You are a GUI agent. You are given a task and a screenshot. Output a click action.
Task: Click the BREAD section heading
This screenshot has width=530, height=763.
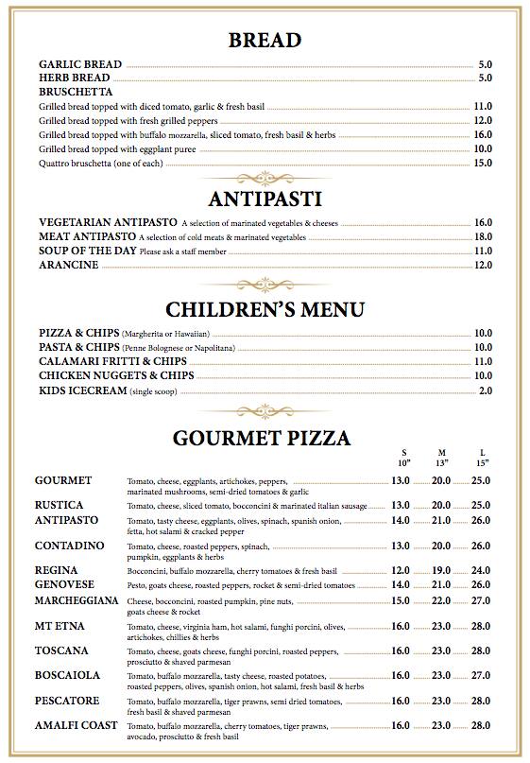click(265, 40)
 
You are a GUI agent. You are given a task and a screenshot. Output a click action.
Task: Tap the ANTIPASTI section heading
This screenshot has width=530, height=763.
click(265, 199)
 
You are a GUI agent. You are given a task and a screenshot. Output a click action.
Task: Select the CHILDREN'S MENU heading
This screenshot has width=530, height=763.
click(265, 309)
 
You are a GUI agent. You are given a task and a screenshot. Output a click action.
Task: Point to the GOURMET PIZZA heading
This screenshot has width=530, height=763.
click(263, 438)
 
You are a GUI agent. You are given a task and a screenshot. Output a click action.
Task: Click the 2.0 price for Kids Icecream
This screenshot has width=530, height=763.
click(486, 390)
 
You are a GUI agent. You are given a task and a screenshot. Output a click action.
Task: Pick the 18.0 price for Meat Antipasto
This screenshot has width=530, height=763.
click(483, 236)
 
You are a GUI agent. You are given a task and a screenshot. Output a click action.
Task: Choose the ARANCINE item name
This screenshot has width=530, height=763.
click(68, 265)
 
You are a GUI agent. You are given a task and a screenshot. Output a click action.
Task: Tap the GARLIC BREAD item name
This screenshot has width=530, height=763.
click(80, 64)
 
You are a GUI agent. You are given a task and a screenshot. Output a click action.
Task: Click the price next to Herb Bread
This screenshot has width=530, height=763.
click(486, 78)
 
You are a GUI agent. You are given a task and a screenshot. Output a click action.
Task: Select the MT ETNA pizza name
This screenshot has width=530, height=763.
click(60, 626)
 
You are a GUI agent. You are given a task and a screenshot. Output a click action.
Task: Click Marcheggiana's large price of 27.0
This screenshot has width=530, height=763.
click(482, 600)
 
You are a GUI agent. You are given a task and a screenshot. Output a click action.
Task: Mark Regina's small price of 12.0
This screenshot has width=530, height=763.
click(401, 570)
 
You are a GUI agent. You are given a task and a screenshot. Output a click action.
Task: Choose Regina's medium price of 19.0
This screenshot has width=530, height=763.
click(441, 570)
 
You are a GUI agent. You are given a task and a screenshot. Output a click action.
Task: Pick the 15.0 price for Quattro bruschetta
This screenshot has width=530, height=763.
click(483, 163)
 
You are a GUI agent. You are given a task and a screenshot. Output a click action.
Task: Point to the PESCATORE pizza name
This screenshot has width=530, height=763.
click(69, 701)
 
